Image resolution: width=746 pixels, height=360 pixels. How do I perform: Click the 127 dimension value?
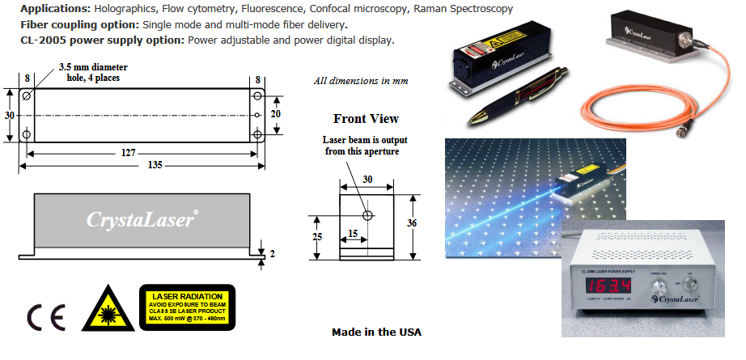[142, 150]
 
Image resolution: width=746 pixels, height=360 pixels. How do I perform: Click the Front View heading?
[366, 119]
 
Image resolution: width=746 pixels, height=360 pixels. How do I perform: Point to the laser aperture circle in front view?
[368, 216]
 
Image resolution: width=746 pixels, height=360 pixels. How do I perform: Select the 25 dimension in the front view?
[316, 237]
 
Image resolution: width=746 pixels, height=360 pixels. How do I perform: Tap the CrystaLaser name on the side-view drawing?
[141, 219]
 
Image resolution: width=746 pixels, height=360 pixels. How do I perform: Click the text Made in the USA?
[376, 332]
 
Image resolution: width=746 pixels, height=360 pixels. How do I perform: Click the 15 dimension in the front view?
[352, 232]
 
